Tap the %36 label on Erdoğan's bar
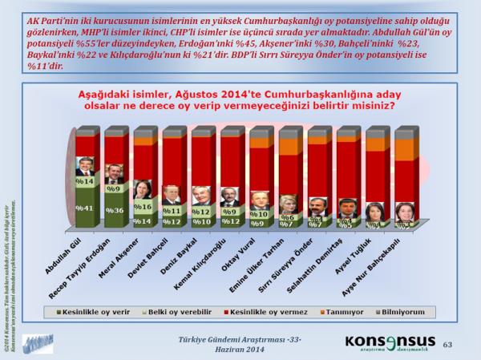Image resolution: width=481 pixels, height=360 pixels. click(115, 211)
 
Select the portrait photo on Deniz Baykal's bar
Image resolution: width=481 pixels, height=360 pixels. click(200, 196)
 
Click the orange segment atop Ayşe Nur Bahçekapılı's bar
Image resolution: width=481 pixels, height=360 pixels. click(405, 148)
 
